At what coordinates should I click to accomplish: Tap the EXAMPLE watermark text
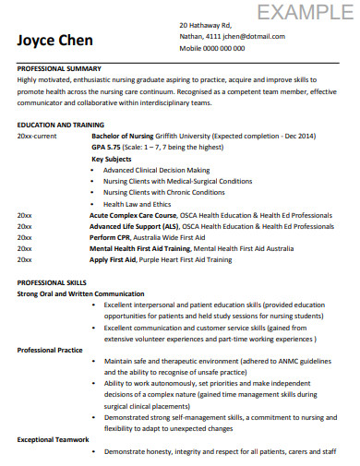[x=305, y=12]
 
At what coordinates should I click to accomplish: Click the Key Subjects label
[x=111, y=157]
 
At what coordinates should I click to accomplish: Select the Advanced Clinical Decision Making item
[x=156, y=170]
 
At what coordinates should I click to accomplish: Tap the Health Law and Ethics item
[x=138, y=204]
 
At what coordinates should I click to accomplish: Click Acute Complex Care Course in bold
[x=134, y=214]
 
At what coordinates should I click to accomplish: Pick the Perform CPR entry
[x=110, y=237]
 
